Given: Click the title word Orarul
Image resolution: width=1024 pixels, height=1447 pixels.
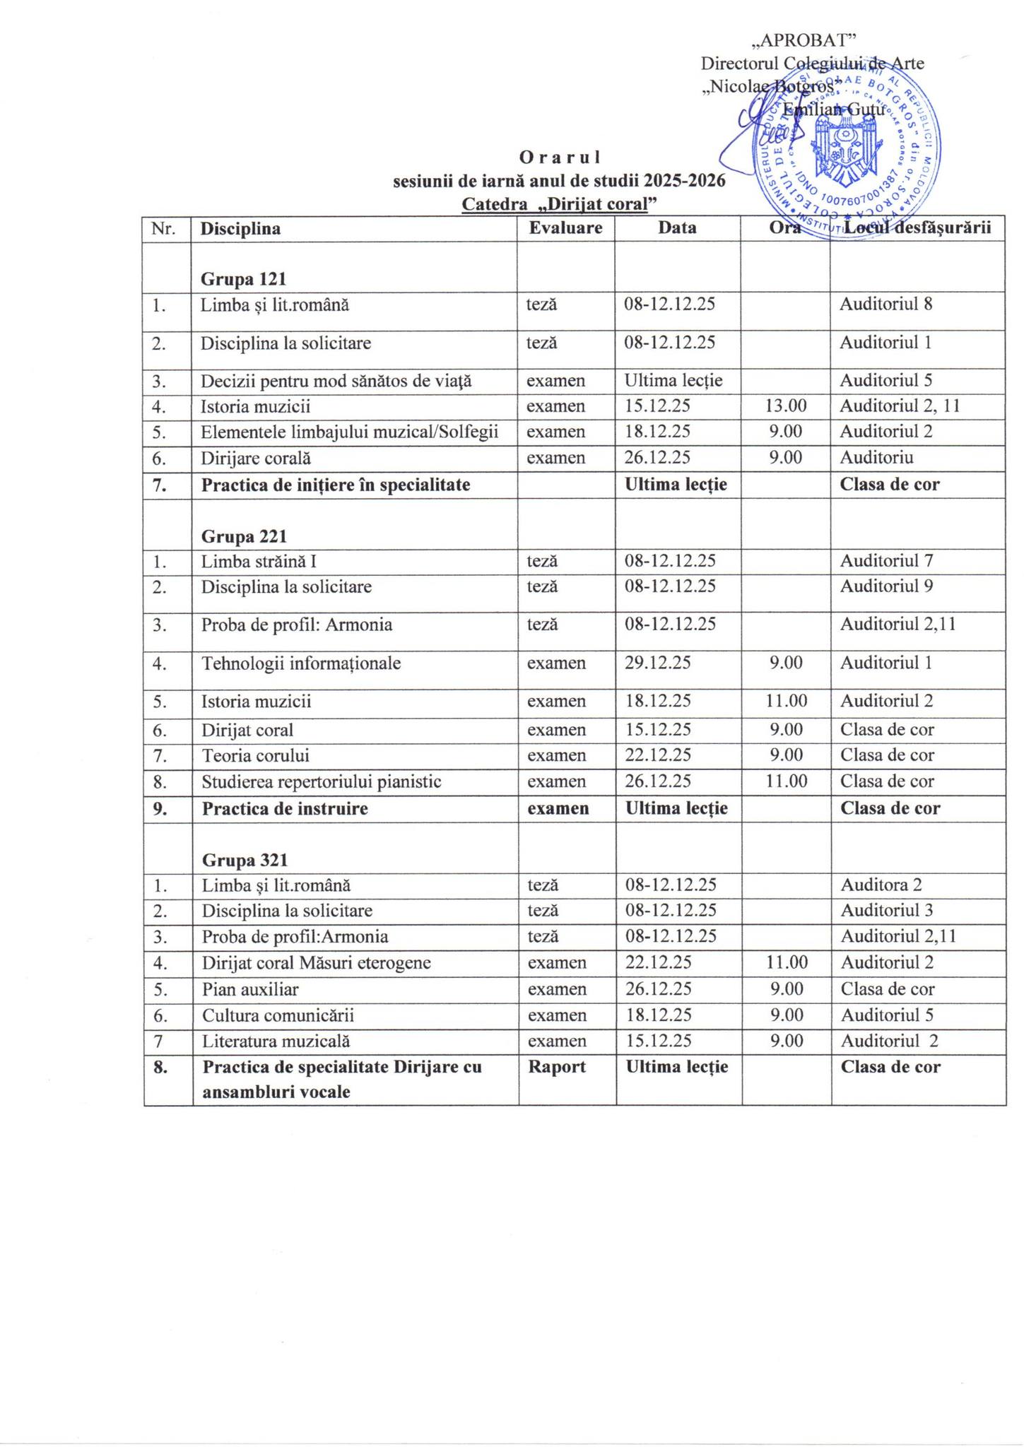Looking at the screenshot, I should (559, 156).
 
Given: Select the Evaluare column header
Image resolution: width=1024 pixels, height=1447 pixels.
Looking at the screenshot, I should (565, 228).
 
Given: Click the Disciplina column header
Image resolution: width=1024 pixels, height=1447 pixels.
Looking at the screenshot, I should (240, 229).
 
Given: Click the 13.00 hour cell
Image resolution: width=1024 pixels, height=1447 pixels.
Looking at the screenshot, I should (785, 406).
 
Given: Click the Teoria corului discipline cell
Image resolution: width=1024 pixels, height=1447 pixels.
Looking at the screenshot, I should (256, 755).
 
